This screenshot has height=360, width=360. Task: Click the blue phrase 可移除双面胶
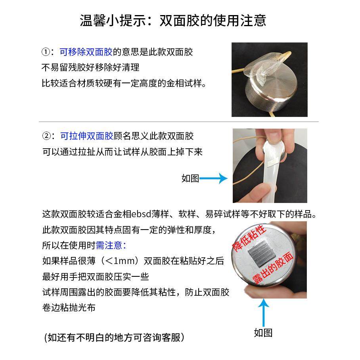pyautogui.click(x=86, y=52)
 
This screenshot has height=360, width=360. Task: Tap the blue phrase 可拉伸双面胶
pyautogui.click(x=87, y=136)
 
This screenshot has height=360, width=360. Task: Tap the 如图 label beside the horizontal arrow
pyautogui.click(x=190, y=178)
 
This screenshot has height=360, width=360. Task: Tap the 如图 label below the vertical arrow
pyautogui.click(x=263, y=333)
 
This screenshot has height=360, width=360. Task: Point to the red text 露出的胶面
pyautogui.click(x=274, y=269)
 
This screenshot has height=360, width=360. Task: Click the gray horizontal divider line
pyautogui.click(x=178, y=121)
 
